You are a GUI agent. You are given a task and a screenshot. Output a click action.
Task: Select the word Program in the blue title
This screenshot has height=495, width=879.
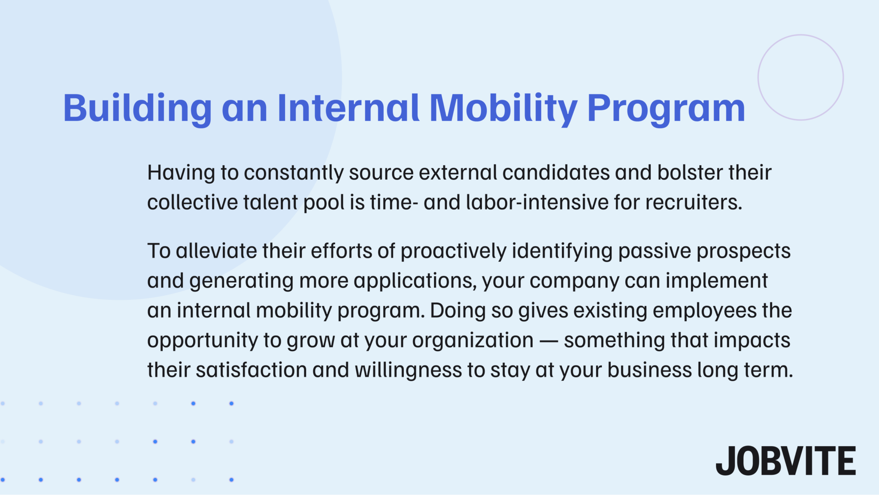point(666,108)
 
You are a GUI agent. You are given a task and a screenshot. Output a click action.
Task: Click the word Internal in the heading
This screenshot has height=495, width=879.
point(348,108)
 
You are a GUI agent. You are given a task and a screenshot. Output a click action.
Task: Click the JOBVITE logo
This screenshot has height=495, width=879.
point(785,461)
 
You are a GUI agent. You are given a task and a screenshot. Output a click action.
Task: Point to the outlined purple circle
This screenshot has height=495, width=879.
point(800,77)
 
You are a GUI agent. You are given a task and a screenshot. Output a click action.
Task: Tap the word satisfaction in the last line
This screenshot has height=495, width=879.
point(251,370)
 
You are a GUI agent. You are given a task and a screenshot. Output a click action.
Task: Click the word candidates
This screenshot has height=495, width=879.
point(556,173)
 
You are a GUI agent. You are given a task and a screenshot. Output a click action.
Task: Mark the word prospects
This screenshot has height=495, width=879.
point(743,251)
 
